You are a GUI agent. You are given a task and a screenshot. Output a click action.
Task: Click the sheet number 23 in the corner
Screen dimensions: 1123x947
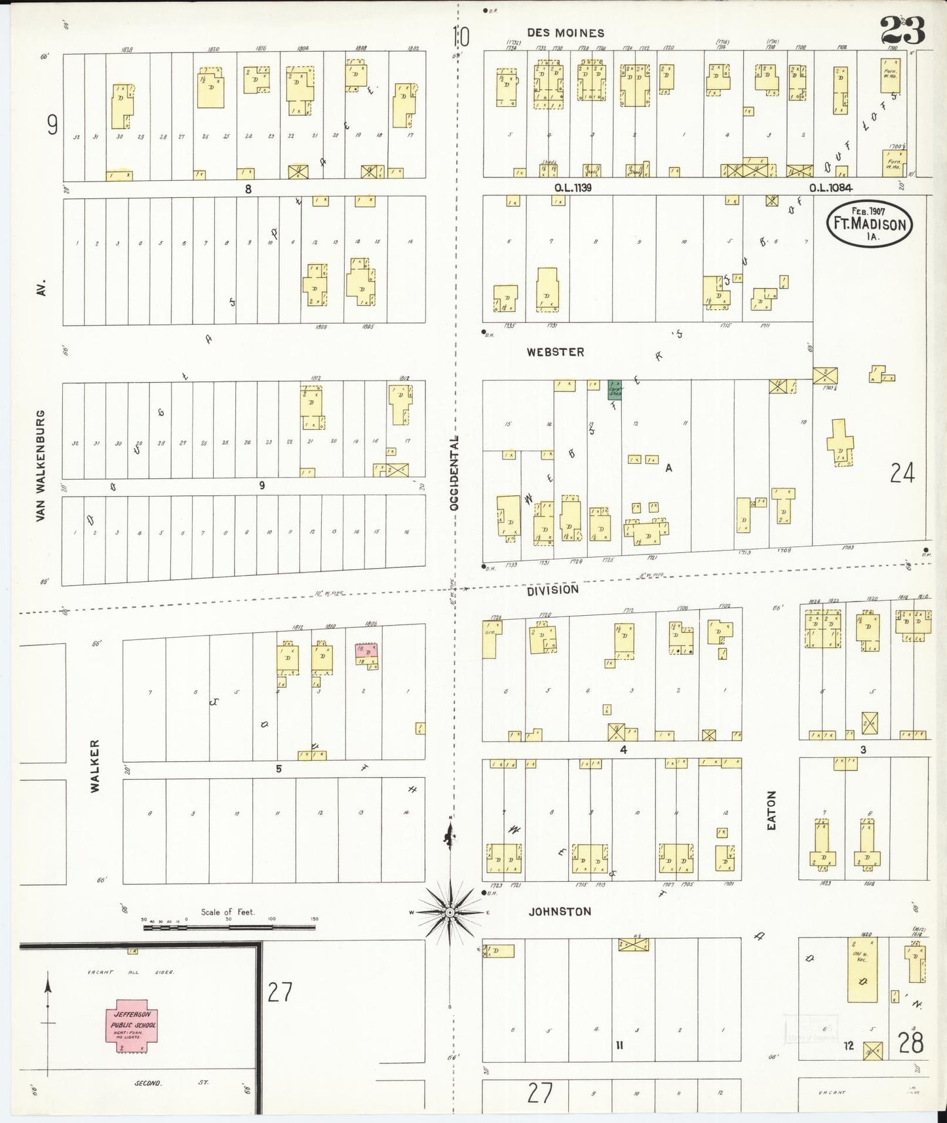(x=902, y=31)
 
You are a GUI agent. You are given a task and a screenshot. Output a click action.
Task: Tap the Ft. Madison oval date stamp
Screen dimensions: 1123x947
(x=869, y=223)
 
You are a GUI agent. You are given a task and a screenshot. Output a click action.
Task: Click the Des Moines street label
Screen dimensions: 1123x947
(x=566, y=33)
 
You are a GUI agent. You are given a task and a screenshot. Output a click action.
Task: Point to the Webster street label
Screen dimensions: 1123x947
(x=555, y=352)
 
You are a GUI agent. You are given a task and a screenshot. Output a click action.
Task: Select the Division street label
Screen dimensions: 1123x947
(x=553, y=590)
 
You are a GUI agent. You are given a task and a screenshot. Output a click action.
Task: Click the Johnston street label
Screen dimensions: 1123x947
(x=560, y=911)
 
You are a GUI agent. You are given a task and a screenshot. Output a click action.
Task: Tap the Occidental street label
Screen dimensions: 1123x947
(x=454, y=472)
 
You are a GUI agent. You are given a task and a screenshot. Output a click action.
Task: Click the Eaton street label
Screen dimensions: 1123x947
(x=771, y=811)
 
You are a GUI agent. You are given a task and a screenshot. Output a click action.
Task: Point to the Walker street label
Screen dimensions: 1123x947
(x=96, y=766)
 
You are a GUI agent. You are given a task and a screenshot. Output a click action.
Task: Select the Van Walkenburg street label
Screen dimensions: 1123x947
(x=41, y=466)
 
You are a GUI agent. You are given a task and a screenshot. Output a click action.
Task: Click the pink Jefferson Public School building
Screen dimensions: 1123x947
(x=132, y=1029)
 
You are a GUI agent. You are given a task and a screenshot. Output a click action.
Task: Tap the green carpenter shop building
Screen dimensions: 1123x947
(x=615, y=390)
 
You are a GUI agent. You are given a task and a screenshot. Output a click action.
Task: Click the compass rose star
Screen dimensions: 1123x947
(x=450, y=913)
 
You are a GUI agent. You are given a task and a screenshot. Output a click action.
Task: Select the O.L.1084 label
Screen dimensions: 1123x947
(x=830, y=188)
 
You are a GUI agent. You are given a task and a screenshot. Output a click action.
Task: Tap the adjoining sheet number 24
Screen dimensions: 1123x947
(x=902, y=472)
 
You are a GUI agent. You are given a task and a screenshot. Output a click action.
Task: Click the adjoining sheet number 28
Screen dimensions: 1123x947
(x=910, y=1042)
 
